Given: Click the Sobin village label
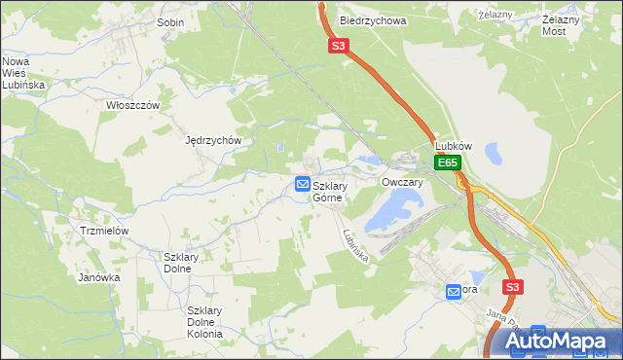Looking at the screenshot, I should [x=170, y=20].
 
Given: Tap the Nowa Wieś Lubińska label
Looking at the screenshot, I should [x=22, y=72].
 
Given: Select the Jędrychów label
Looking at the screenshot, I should [x=213, y=140].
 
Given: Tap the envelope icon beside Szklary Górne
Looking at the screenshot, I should [x=302, y=184].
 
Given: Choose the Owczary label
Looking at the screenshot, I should [x=402, y=182].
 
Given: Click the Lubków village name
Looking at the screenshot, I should [x=453, y=146].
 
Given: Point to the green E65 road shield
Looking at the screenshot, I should [x=447, y=162].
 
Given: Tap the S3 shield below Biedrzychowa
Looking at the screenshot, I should [x=337, y=46].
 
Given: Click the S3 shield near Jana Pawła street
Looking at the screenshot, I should [x=513, y=287].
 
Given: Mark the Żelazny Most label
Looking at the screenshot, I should [x=567, y=25].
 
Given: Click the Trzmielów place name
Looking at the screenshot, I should [x=105, y=231].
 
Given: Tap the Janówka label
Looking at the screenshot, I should [x=98, y=277].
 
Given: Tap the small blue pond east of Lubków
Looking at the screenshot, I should [x=493, y=152].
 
